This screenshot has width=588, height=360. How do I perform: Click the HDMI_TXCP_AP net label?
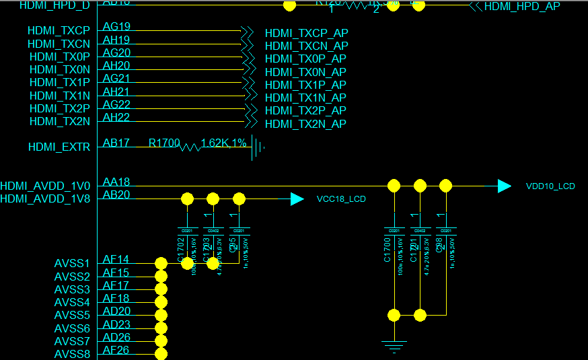(307, 33)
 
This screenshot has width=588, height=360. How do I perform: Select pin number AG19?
(116, 27)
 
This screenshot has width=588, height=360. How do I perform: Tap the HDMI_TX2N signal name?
(60, 122)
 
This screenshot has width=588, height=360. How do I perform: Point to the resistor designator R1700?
(164, 143)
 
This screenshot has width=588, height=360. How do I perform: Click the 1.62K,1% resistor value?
(223, 143)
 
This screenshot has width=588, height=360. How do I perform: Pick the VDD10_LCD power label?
(550, 186)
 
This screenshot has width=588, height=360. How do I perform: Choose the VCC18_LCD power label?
(341, 199)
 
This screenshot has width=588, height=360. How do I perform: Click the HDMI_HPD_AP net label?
(522, 7)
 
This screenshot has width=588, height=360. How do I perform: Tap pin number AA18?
(116, 182)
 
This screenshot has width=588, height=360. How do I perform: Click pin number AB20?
(116, 194)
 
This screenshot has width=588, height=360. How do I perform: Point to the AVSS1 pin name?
(72, 263)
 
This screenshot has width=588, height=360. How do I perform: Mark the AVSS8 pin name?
(72, 354)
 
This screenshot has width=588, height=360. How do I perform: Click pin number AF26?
(116, 350)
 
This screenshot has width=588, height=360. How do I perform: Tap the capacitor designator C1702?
(181, 252)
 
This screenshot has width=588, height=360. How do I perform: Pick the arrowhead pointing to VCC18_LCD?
(297, 199)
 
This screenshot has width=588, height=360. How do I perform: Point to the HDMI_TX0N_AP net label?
(305, 72)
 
